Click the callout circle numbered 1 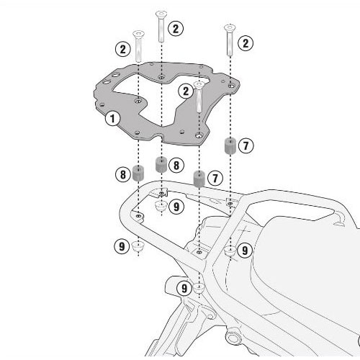[112, 117]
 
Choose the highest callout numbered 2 [175, 28]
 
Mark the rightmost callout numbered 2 [246, 44]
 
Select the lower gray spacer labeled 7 [199, 178]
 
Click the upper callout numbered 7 [246, 145]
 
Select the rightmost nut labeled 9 [230, 251]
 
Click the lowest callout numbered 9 [185, 288]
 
